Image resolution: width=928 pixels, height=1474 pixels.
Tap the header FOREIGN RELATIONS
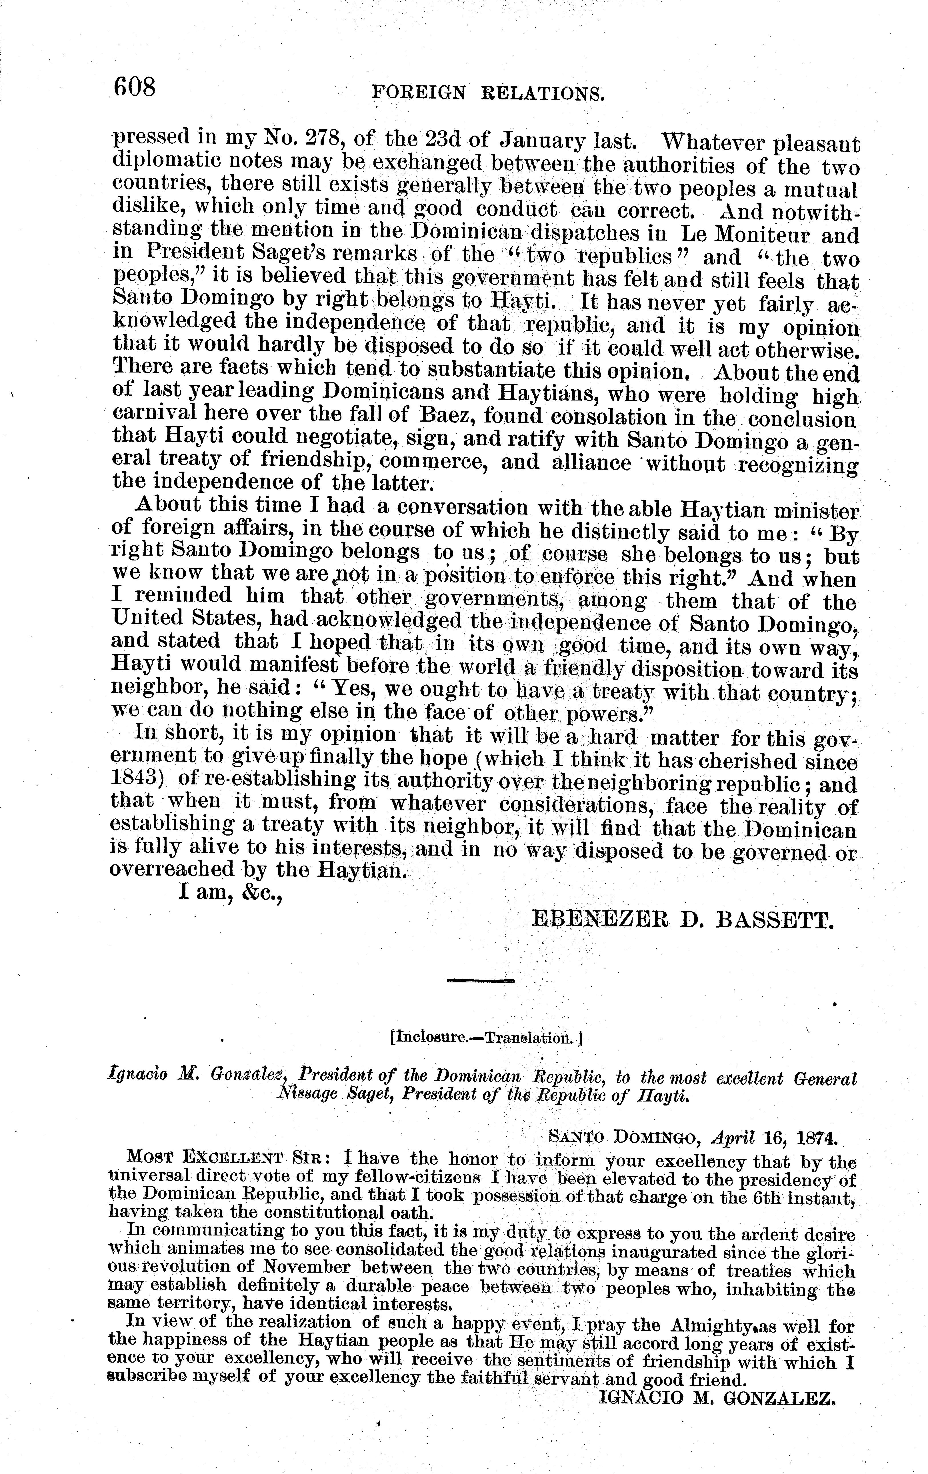click(x=488, y=93)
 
